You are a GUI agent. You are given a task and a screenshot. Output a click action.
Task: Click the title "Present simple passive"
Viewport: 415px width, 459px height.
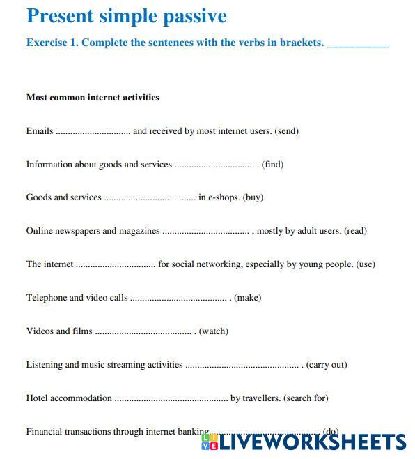126,16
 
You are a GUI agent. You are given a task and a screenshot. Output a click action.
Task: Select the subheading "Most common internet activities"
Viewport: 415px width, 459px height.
93,98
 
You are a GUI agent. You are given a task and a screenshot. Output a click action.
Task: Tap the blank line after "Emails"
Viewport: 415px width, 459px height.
93,132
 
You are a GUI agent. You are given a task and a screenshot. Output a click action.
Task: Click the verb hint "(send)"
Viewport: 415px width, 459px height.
286,131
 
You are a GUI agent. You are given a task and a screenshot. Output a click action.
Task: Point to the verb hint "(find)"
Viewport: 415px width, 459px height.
272,165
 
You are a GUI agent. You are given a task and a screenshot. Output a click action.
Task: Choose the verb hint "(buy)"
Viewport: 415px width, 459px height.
253,197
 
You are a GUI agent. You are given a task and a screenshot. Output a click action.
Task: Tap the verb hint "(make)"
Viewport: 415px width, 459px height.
247,298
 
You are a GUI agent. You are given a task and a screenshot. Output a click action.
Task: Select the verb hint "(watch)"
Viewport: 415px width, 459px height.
213,331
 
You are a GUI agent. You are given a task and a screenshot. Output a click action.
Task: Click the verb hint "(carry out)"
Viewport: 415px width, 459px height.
327,365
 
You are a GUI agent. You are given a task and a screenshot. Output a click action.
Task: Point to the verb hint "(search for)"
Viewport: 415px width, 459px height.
306,398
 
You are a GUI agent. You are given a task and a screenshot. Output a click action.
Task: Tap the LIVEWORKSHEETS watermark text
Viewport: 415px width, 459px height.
312,442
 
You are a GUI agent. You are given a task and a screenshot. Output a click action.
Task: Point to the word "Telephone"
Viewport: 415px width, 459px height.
46,298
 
